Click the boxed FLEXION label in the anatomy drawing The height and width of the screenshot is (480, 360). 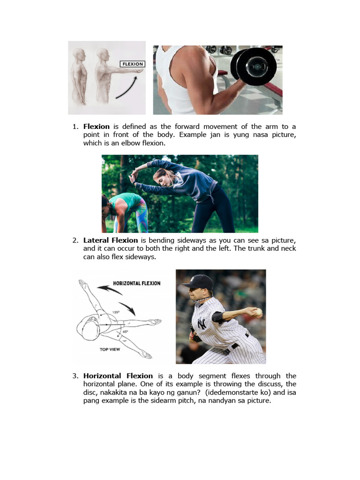tap(132, 64)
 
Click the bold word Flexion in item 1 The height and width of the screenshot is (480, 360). tap(97, 127)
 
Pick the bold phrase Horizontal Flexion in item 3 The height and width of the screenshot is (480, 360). tap(118, 376)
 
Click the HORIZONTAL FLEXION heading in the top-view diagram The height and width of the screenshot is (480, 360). tap(136, 283)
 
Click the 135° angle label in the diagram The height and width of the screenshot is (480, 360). tap(116, 312)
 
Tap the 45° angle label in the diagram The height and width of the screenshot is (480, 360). tap(125, 331)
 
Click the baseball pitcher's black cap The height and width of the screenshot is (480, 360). tap(198, 282)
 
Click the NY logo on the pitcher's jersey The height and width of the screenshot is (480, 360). tap(202, 323)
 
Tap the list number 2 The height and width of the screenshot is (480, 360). tap(75, 240)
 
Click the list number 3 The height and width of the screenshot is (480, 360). tap(75, 376)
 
